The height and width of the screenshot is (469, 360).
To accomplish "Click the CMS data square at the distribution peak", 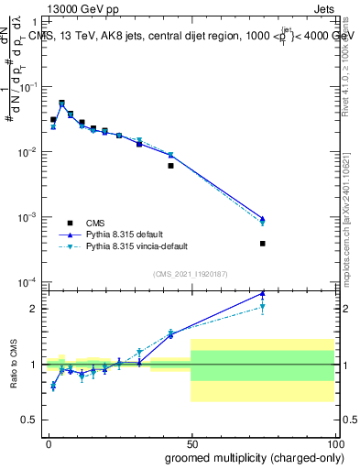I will (x=61, y=104).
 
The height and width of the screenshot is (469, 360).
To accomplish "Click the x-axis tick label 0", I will (x=48, y=442).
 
